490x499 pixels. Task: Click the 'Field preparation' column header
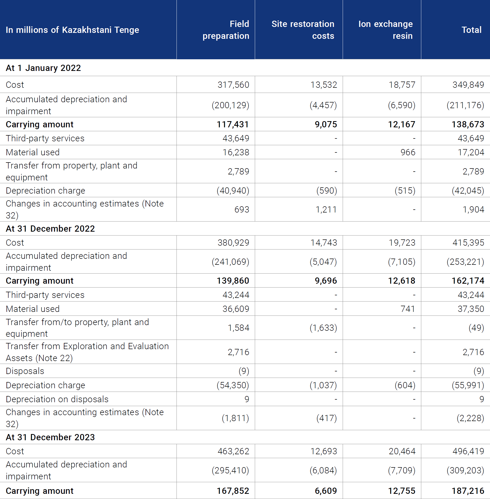[x=226, y=30]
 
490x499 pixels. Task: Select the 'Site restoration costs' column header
[x=303, y=30]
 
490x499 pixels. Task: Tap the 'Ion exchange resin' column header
[x=385, y=30]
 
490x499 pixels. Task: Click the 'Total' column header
[x=471, y=30]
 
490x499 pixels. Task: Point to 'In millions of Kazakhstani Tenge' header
[x=72, y=30]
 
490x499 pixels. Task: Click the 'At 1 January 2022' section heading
[x=43, y=68]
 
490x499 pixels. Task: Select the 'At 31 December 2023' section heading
[x=50, y=437]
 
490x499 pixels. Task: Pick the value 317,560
[x=233, y=85]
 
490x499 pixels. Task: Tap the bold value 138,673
[x=468, y=124]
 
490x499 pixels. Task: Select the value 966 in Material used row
[x=408, y=152]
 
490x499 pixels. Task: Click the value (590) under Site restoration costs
[x=327, y=190]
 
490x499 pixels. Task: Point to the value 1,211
[x=326, y=209]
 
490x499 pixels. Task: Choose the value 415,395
[x=468, y=243]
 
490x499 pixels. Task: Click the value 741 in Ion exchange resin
[x=408, y=309]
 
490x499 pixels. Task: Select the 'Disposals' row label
[x=25, y=371]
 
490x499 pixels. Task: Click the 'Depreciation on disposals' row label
[x=57, y=399]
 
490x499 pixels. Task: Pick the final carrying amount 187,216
[x=468, y=491]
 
